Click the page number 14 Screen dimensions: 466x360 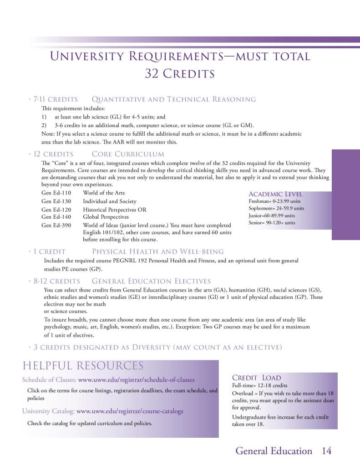click(x=326, y=451)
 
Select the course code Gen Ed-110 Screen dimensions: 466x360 click(x=56, y=193)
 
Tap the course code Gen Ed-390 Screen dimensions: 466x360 click(x=56, y=225)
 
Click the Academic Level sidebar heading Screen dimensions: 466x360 click(x=275, y=194)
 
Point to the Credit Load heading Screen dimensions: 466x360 click(x=257, y=378)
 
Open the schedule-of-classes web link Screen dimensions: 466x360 click(x=137, y=379)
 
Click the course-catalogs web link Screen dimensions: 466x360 click(x=130, y=411)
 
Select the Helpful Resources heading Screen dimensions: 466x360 click(x=83, y=366)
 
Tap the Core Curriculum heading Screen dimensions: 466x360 click(x=128, y=154)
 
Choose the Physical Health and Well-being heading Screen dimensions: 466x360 click(x=158, y=251)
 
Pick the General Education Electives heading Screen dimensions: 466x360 click(x=154, y=281)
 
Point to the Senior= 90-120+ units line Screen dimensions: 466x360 click(x=272, y=223)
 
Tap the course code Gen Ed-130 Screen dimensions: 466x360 click(x=56, y=201)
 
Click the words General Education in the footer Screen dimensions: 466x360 click(x=274, y=451)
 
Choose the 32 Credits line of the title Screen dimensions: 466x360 click(x=180, y=73)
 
